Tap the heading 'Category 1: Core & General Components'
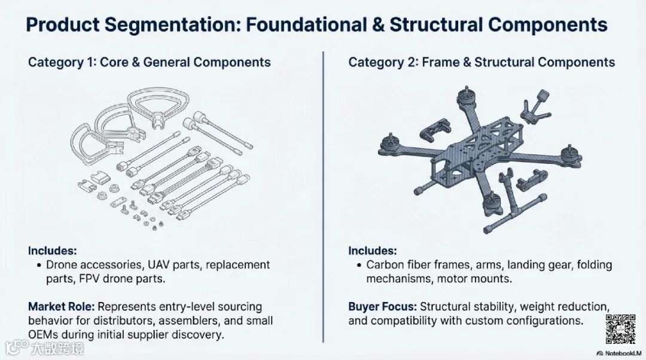149,62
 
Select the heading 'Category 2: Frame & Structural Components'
482,62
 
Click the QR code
620,329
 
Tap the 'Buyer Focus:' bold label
382,307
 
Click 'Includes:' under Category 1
52,251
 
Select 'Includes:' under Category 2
372,251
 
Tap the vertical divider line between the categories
323,197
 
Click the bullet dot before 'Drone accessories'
39,265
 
